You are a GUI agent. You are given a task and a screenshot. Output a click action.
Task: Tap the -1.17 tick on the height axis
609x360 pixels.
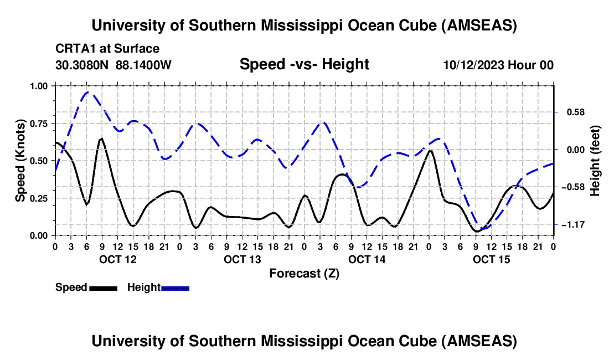click(x=570, y=225)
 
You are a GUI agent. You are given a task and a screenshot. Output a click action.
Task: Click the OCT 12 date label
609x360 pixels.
click(x=117, y=259)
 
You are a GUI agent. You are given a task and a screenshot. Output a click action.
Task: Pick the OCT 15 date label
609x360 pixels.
click(x=492, y=259)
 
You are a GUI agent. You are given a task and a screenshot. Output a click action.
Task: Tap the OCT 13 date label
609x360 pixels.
click(x=242, y=259)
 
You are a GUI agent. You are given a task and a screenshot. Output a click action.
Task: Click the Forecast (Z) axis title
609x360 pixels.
click(x=304, y=273)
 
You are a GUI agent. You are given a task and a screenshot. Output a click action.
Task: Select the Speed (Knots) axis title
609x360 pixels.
click(x=20, y=161)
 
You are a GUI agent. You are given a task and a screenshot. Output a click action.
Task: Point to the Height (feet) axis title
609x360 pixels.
click(x=595, y=161)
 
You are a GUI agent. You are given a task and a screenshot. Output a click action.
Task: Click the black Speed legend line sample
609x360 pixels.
click(x=103, y=288)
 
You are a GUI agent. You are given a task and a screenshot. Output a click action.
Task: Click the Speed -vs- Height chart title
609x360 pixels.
click(x=304, y=64)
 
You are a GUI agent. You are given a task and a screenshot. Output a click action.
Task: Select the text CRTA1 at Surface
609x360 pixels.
click(x=107, y=49)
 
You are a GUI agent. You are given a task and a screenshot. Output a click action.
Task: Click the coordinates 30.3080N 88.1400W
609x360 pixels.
click(x=113, y=65)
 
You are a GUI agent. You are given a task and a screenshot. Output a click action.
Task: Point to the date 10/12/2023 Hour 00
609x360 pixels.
click(x=498, y=65)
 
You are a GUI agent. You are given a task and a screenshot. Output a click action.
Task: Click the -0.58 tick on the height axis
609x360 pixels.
click(x=570, y=187)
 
